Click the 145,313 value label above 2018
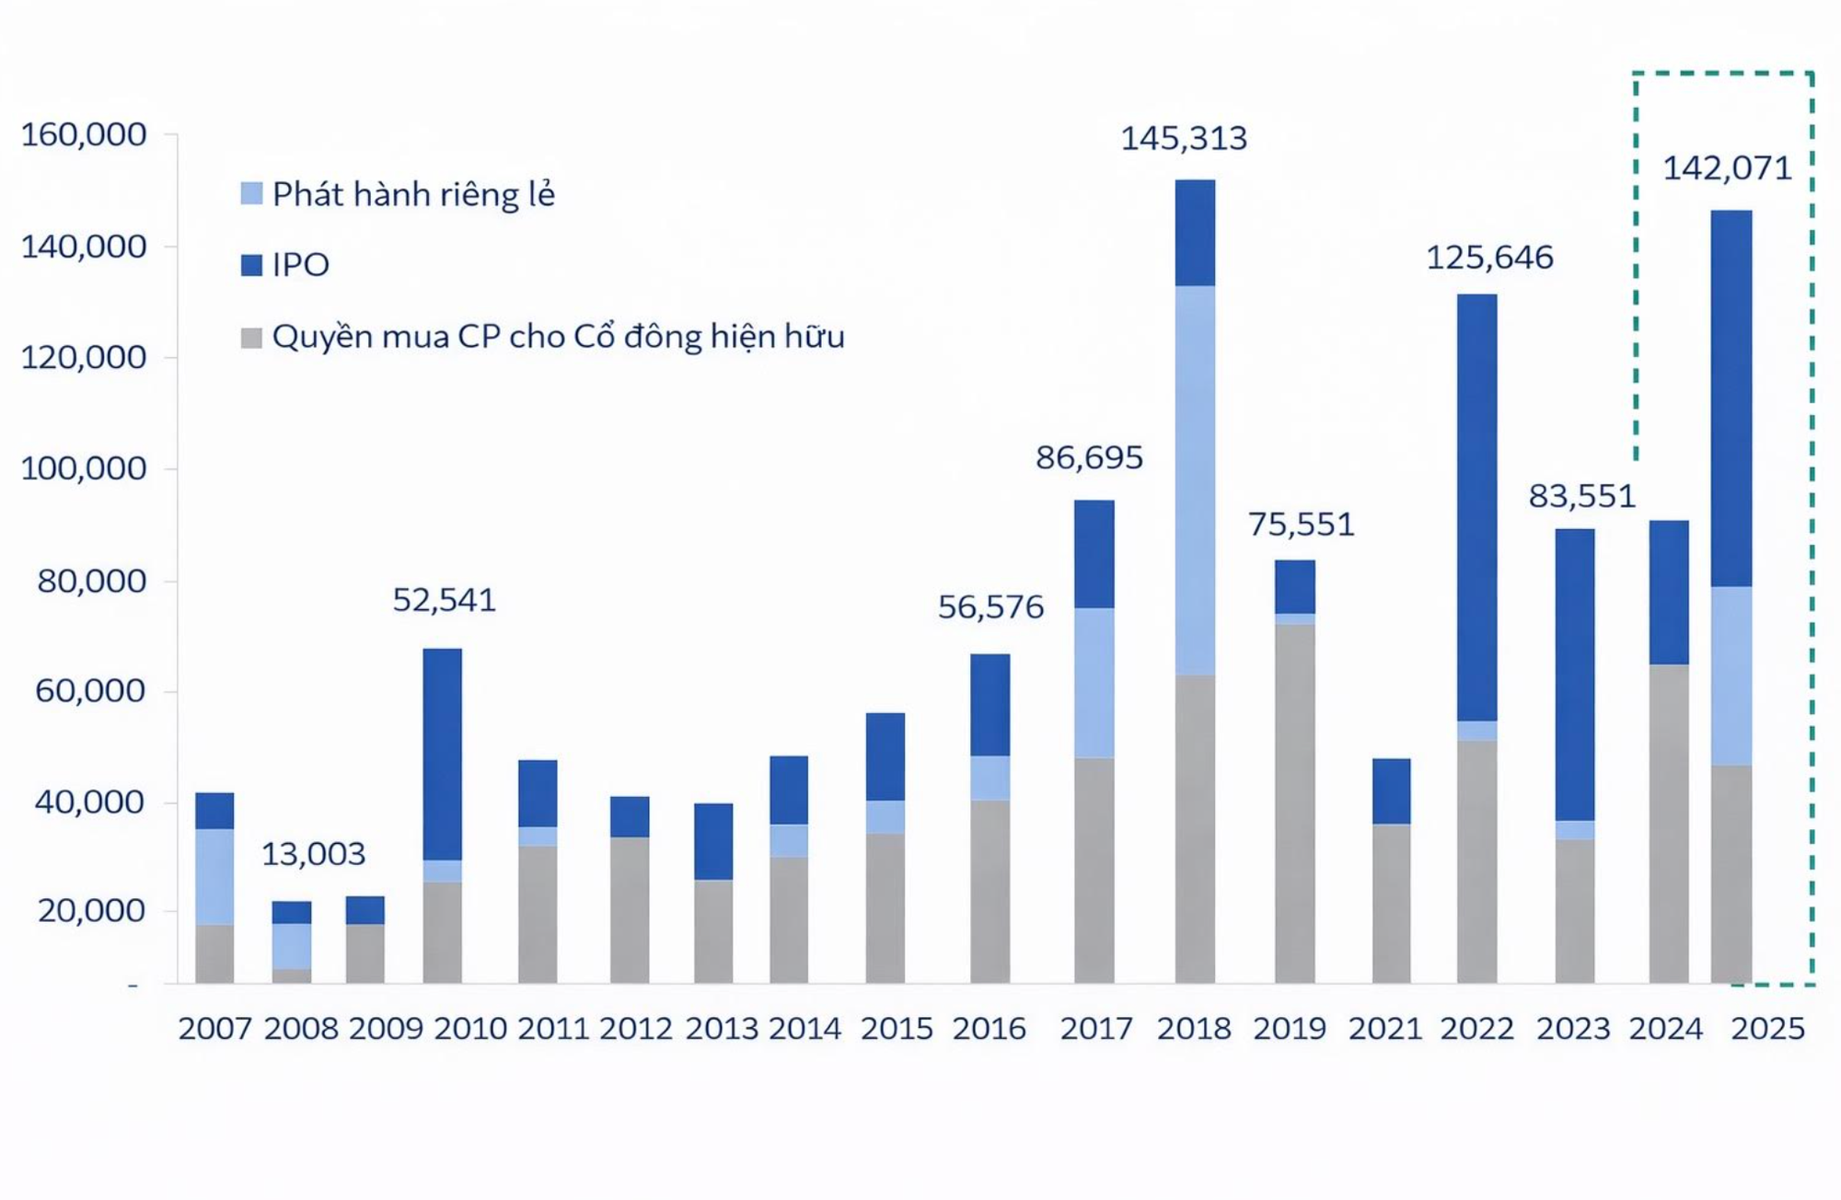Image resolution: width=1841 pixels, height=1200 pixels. pyautogui.click(x=1183, y=139)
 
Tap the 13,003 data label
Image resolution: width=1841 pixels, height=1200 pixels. pyautogui.click(x=313, y=854)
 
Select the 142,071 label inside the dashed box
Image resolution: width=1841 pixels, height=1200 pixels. pyautogui.click(x=1727, y=168)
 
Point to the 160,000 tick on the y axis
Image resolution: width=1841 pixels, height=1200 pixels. pyautogui.click(x=84, y=135)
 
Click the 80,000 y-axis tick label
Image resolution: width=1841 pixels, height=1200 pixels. pyautogui.click(x=91, y=581)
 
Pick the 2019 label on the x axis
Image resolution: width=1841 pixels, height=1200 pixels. pyautogui.click(x=1289, y=1028)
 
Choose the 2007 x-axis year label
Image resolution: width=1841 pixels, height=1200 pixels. pyautogui.click(x=214, y=1028)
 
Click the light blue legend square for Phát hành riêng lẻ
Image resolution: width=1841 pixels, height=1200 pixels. pyautogui.click(x=251, y=193)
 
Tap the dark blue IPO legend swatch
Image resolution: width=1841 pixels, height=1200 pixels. pyautogui.click(x=251, y=265)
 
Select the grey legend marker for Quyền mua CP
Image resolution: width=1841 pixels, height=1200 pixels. pyautogui.click(x=251, y=337)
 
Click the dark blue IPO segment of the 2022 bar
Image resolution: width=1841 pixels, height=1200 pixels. pyautogui.click(x=1476, y=506)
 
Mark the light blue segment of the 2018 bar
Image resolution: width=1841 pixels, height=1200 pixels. pyautogui.click(x=1195, y=479)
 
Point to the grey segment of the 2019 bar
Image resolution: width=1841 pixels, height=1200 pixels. pyautogui.click(x=1294, y=801)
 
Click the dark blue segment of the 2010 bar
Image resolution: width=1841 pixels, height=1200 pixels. pyautogui.click(x=442, y=755)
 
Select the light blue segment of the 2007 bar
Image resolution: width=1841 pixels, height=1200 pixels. pyautogui.click(x=214, y=876)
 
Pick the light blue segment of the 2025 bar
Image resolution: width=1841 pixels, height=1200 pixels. pyautogui.click(x=1731, y=675)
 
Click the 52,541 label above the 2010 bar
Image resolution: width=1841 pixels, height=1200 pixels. pyautogui.click(x=444, y=600)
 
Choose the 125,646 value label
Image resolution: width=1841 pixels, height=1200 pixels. pyautogui.click(x=1488, y=258)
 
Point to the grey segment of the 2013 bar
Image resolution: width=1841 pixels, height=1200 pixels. pyautogui.click(x=713, y=929)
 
